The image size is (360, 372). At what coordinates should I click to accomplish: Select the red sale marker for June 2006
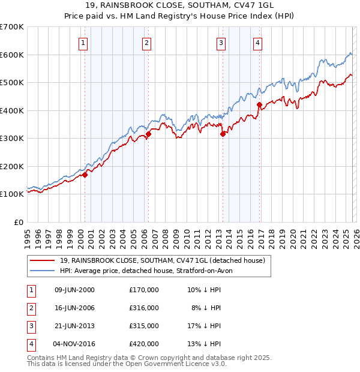[x=148, y=134]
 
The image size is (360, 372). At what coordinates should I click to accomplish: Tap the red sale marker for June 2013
[x=223, y=134]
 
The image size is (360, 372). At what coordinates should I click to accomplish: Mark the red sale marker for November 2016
[x=259, y=105]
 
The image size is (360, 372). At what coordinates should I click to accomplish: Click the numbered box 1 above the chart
[x=82, y=43]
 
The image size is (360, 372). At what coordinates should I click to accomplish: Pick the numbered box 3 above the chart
[x=221, y=43]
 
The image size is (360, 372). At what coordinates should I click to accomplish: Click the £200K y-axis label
[x=12, y=166]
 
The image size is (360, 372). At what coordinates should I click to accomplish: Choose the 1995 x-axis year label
[x=28, y=234]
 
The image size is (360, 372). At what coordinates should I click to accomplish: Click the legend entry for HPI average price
[x=145, y=271]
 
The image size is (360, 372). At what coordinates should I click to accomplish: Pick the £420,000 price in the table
[x=144, y=344]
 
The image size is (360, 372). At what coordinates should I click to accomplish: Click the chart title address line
[x=180, y=7]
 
